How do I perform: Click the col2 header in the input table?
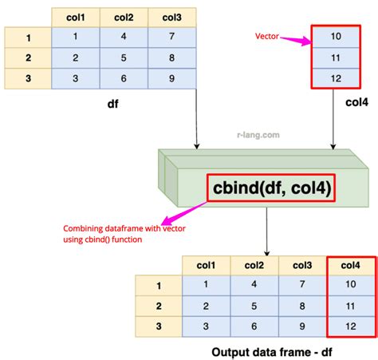pyautogui.click(x=124, y=18)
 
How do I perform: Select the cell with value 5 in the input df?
pyautogui.click(x=124, y=58)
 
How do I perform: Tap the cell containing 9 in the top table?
pyautogui.click(x=172, y=78)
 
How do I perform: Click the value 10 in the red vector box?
pyautogui.click(x=336, y=37)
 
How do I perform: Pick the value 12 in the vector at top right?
pyautogui.click(x=336, y=78)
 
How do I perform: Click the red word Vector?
pyautogui.click(x=267, y=36)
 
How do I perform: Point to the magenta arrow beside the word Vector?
pyautogui.click(x=296, y=40)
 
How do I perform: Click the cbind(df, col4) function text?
pyautogui.click(x=272, y=188)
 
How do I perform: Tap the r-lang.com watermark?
pyautogui.click(x=258, y=135)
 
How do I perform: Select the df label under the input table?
pyautogui.click(x=113, y=104)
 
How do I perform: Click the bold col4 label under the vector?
pyautogui.click(x=356, y=102)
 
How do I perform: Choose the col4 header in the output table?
pyautogui.click(x=351, y=265)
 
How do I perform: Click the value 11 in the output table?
pyautogui.click(x=351, y=306)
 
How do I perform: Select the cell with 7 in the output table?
pyautogui.click(x=302, y=284)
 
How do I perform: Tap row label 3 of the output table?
pyautogui.click(x=159, y=326)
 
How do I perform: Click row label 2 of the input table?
pyautogui.click(x=28, y=58)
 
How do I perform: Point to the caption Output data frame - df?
pyautogui.click(x=272, y=352)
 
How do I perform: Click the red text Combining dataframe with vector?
pyautogui.click(x=124, y=228)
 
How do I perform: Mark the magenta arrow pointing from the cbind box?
pyautogui.click(x=184, y=213)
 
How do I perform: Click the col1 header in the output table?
pyautogui.click(x=206, y=265)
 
